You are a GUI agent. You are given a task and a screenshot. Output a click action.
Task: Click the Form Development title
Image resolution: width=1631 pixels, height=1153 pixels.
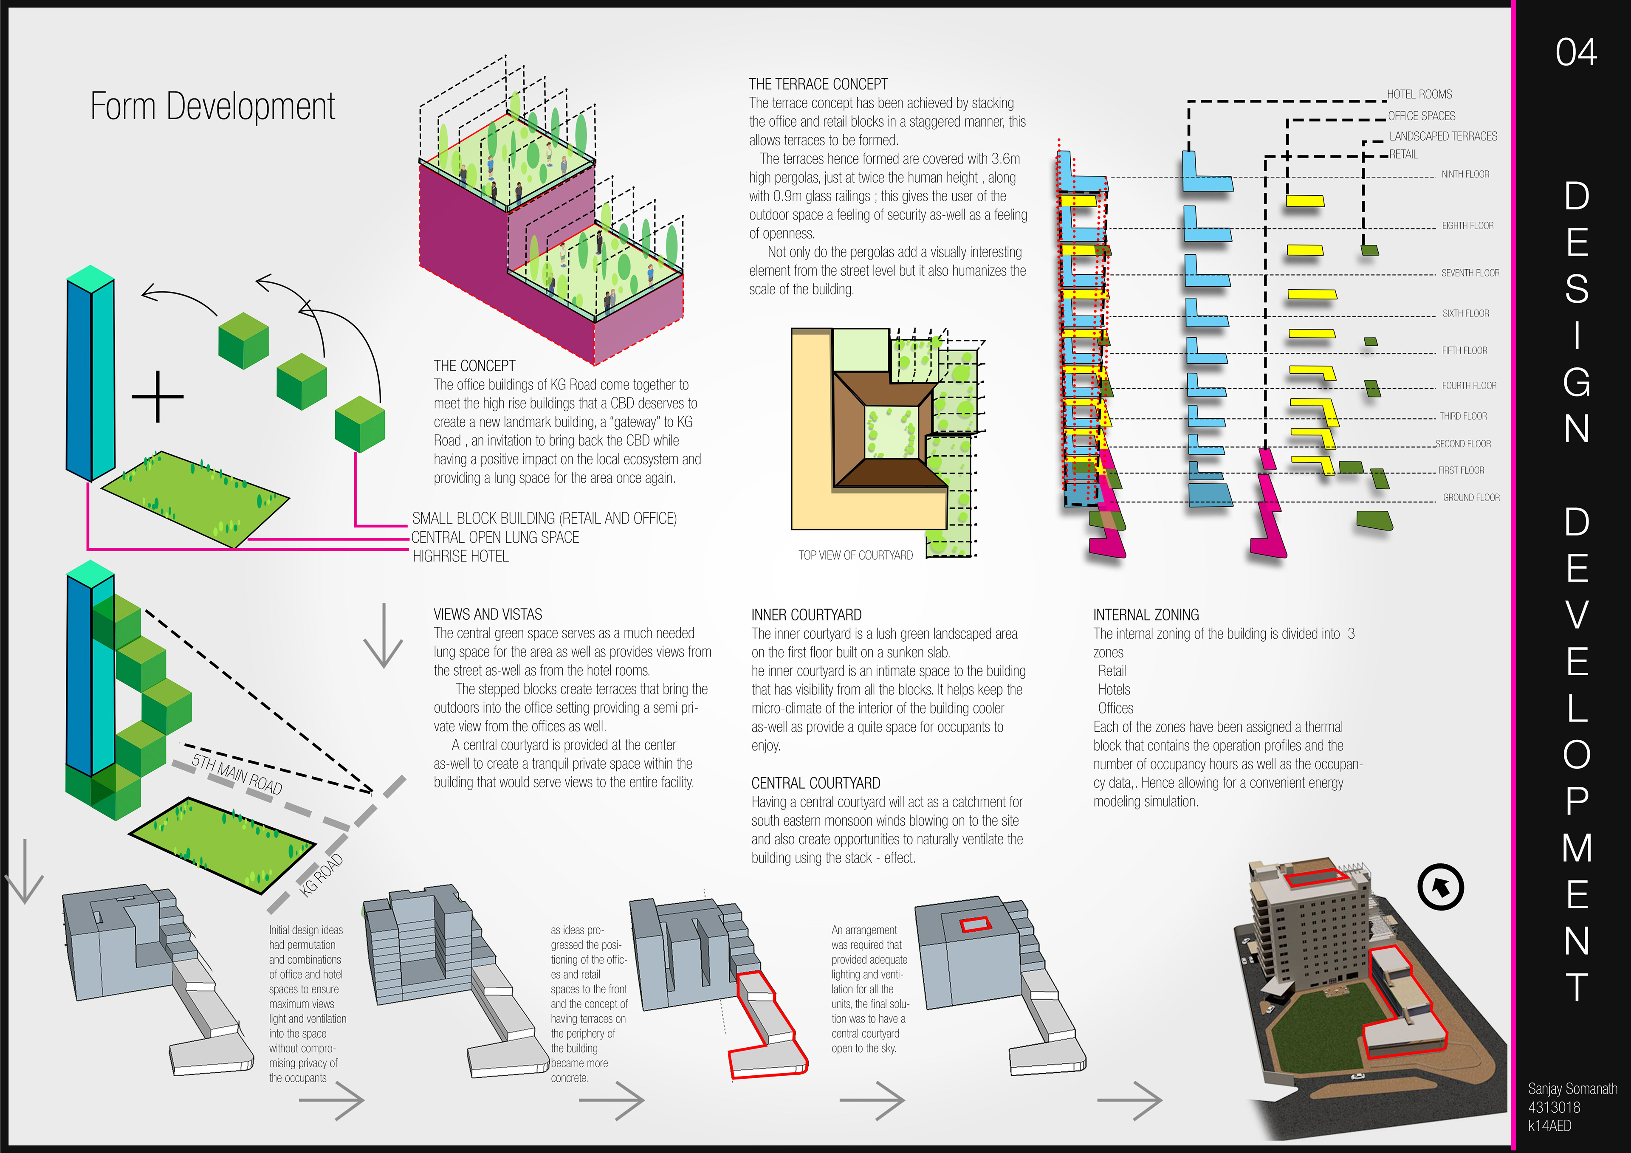click(x=212, y=107)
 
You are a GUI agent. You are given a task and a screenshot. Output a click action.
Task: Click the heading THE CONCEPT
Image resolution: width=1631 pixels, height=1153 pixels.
click(x=474, y=366)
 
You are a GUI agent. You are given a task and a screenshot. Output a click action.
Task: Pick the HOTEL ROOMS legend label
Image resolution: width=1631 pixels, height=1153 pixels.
click(x=1419, y=94)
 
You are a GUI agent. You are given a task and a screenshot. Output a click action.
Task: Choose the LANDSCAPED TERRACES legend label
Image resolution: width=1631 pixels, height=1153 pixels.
click(x=1443, y=136)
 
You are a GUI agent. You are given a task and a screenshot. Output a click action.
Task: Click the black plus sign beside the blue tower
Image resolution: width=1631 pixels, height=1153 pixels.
click(x=158, y=396)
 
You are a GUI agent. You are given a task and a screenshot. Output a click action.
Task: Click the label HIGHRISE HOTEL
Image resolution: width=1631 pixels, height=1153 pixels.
click(x=460, y=557)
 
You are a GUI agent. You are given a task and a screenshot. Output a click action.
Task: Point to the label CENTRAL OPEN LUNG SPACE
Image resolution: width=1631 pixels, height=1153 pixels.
click(x=495, y=538)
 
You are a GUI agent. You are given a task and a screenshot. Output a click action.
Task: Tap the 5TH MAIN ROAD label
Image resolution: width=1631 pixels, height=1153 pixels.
click(x=237, y=774)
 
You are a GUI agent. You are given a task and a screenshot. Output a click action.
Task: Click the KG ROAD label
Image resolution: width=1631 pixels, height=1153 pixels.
click(x=322, y=875)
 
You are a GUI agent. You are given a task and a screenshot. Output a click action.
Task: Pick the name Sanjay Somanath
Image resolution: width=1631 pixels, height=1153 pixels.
click(x=1572, y=1089)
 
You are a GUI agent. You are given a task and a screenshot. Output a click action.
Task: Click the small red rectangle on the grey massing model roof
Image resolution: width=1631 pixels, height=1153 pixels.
click(x=975, y=924)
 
